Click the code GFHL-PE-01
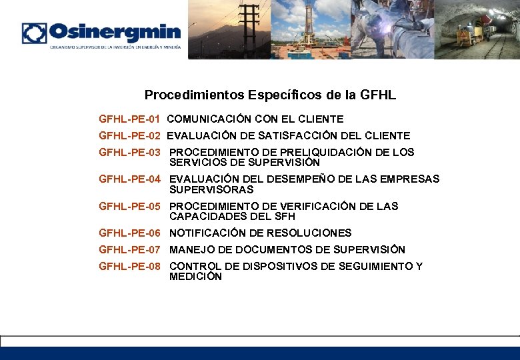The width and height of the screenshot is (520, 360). [129, 119]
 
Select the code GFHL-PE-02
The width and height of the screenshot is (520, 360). [129, 136]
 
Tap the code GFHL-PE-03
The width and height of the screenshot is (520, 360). [129, 153]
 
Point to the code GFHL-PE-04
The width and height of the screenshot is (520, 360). [129, 179]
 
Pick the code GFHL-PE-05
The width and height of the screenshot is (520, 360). [129, 207]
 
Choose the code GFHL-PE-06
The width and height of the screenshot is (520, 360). [129, 233]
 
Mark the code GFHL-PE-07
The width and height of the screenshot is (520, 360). [129, 250]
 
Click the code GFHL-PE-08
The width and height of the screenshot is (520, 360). [129, 267]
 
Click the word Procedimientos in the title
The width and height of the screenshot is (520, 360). [194, 95]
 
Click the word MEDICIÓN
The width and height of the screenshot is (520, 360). [195, 277]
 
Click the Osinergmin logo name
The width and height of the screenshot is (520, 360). [115, 32]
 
